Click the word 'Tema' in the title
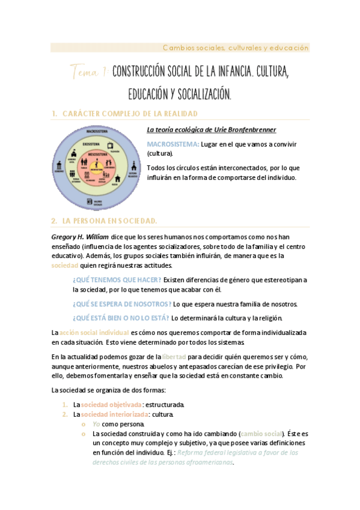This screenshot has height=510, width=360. (88, 72)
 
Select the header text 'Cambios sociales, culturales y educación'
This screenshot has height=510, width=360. (236, 48)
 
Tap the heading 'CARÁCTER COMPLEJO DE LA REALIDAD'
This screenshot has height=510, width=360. (130, 113)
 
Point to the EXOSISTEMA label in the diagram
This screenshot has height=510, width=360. (91, 144)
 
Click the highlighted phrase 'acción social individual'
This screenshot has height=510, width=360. (94, 332)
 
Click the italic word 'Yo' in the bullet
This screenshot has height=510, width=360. (96, 423)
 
